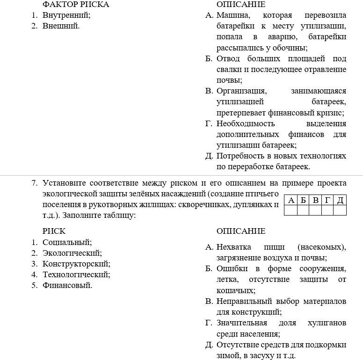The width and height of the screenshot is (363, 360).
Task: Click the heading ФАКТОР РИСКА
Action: pos(76,5)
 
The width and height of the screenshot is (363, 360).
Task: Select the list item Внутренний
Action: pos(66,15)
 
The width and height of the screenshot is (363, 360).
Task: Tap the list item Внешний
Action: pos(61,26)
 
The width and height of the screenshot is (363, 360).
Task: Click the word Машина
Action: pos(232,15)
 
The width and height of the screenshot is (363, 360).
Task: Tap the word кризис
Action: pos(332,113)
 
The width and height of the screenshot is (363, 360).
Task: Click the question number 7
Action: pos(34,183)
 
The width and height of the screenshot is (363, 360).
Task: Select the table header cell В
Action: pos(315,201)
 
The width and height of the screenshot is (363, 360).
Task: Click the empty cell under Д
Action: pos(340,210)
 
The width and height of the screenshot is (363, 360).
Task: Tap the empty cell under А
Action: pos(290,210)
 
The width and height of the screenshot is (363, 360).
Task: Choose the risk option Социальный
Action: pos(67,243)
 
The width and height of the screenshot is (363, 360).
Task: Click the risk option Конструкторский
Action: pos(76,264)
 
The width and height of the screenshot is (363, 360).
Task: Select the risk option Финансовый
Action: pos(67,285)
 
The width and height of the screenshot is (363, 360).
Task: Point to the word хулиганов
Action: pos(327,323)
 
